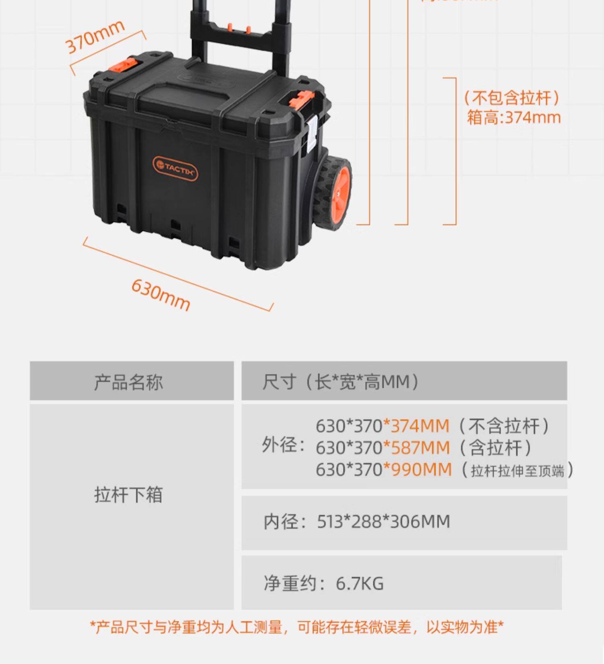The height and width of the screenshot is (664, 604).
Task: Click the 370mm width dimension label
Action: coord(95,36)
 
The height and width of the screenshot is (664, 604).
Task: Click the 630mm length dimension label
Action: coord(161,295)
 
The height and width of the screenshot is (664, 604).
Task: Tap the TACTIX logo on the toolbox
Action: coord(175,168)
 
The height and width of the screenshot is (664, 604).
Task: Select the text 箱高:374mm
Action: coord(514,118)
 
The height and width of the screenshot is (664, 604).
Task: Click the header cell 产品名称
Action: coord(128,382)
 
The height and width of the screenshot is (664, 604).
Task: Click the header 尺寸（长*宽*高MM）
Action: coord(341,382)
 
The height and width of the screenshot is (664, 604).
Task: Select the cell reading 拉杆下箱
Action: coord(128,494)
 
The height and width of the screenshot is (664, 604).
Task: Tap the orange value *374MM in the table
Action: coord(416,426)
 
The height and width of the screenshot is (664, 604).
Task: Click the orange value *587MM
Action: coord(416,448)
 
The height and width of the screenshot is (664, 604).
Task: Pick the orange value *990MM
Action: coord(417,469)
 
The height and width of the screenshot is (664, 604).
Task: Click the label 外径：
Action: coord(283,445)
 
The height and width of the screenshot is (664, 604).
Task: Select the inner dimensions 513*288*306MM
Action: coord(383,522)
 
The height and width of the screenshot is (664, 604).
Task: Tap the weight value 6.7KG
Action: coord(359,583)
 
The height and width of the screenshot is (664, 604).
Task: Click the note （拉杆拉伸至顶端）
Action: coord(517,470)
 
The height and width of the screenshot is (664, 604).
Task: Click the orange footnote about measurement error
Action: coord(297,627)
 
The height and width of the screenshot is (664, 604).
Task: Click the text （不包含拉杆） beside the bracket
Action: coord(511,98)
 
